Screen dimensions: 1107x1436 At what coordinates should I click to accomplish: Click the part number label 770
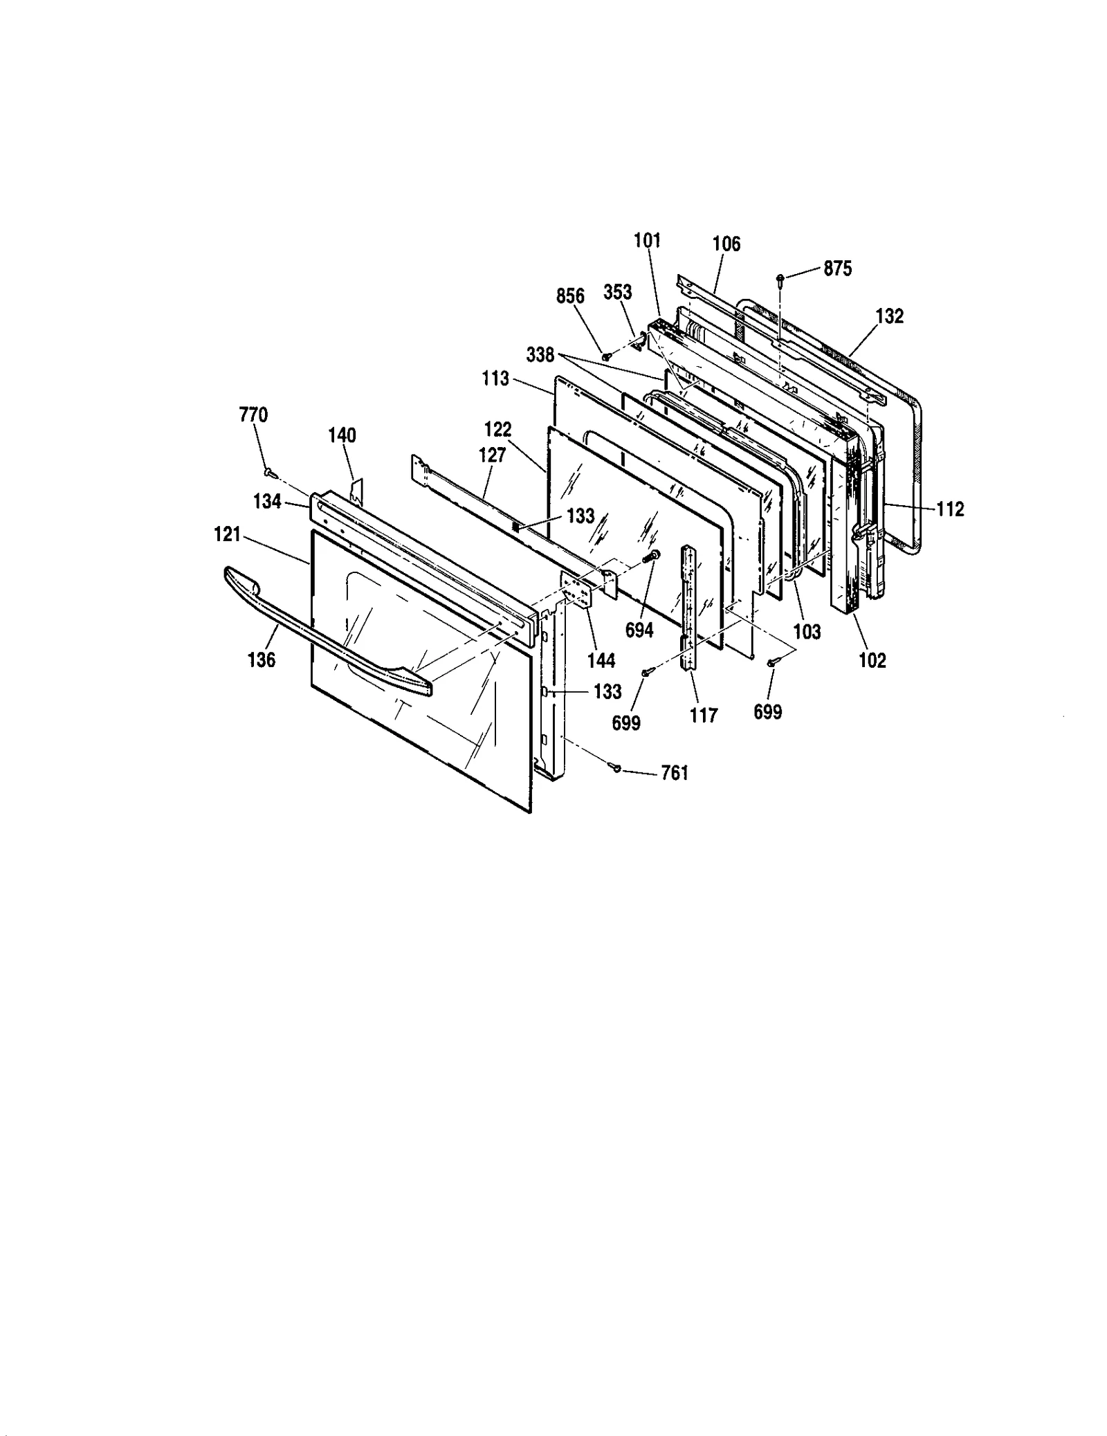253,415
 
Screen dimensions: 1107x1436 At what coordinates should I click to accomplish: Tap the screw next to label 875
780,279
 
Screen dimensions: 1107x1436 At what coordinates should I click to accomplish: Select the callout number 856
570,296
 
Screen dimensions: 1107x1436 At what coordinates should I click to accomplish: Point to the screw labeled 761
615,766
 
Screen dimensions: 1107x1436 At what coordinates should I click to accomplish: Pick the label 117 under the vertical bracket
704,716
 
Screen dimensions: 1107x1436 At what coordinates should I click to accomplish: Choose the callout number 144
601,660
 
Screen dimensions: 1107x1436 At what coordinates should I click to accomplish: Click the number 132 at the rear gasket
889,316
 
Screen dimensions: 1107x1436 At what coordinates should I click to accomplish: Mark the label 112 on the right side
950,509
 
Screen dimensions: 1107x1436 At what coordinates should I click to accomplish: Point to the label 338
540,355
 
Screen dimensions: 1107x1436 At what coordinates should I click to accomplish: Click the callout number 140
342,435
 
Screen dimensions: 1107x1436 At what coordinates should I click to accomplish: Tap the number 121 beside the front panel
227,534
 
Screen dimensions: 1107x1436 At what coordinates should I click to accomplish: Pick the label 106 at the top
726,244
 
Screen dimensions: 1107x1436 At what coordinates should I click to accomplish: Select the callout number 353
617,293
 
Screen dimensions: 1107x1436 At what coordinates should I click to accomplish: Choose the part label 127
492,455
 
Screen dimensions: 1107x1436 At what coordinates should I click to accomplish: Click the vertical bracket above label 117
689,607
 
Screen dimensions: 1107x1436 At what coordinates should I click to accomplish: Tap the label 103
807,631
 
